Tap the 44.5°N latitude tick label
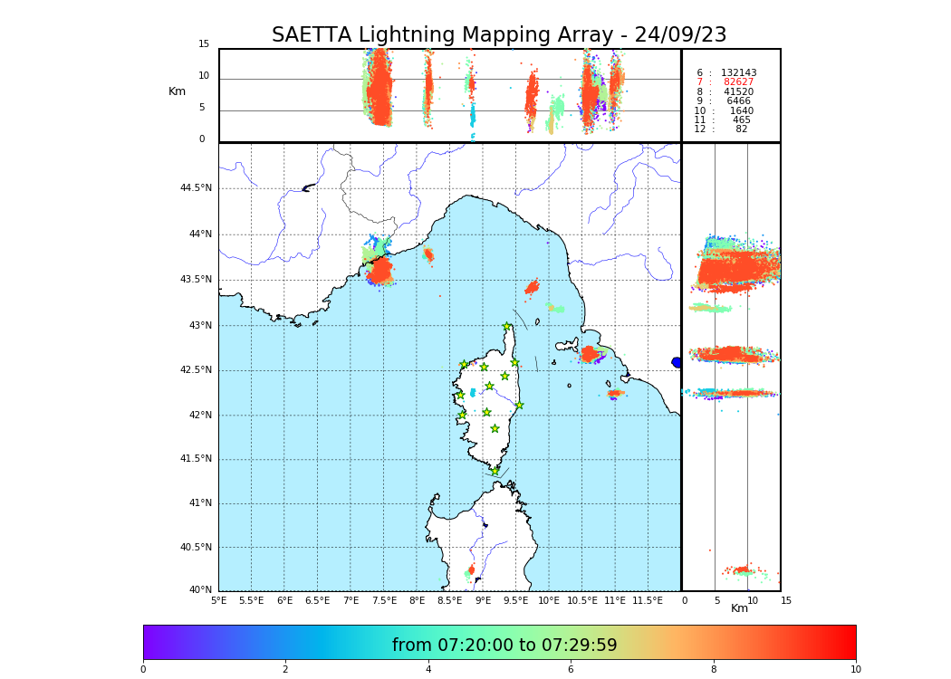click(x=196, y=188)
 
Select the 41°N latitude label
click(x=200, y=503)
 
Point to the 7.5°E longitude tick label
click(x=384, y=600)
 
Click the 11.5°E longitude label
click(x=648, y=600)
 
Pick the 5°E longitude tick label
click(x=218, y=600)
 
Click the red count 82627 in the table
click(x=739, y=82)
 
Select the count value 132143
click(x=739, y=72)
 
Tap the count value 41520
click(x=739, y=91)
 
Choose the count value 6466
click(x=739, y=101)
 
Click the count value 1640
click(x=741, y=110)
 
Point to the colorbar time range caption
click(x=504, y=646)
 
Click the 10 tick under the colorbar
click(x=855, y=669)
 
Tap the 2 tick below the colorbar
click(x=285, y=669)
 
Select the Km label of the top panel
click(x=177, y=91)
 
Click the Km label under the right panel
click(x=740, y=608)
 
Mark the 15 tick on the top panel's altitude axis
click(x=204, y=44)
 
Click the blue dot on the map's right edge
click(x=677, y=362)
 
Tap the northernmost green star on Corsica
click(x=507, y=327)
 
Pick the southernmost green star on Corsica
click(x=495, y=471)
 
